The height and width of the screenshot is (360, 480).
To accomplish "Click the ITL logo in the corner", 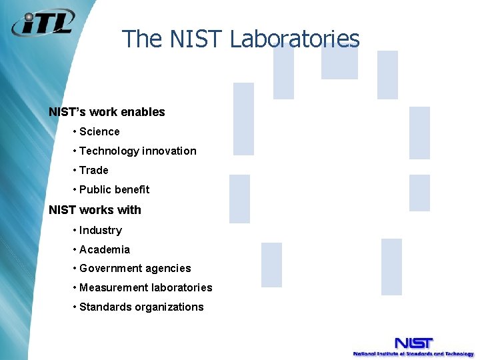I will pyautogui.click(x=43, y=25).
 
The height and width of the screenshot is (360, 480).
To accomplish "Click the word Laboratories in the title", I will pyautogui.click(x=295, y=39).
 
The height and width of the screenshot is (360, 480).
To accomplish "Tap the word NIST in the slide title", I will pyautogui.click(x=197, y=39).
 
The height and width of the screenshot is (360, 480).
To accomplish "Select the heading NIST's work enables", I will pyautogui.click(x=107, y=112).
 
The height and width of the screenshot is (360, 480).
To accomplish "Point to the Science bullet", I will pyautogui.click(x=99, y=132).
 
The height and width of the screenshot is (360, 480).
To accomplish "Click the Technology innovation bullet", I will pyautogui.click(x=137, y=151).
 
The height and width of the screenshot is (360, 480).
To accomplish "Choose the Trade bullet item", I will pyautogui.click(x=93, y=171).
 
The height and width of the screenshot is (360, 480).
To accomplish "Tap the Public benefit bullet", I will pyautogui.click(x=114, y=190).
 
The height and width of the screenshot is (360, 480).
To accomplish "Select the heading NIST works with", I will pyautogui.click(x=95, y=210).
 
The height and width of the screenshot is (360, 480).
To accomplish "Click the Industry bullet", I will pyautogui.click(x=101, y=231).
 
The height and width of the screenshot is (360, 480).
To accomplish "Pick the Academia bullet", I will pyautogui.click(x=105, y=250).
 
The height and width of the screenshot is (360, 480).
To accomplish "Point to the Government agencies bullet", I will pyautogui.click(x=135, y=269).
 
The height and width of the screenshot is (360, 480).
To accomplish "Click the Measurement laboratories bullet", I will pyautogui.click(x=145, y=288).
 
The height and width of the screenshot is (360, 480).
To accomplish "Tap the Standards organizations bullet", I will pyautogui.click(x=141, y=307).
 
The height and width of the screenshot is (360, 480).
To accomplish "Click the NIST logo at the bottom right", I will pyautogui.click(x=413, y=343).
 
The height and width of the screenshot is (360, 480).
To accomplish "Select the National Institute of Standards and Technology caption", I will pyautogui.click(x=413, y=354).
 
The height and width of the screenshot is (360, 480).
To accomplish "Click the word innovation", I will pyautogui.click(x=169, y=151).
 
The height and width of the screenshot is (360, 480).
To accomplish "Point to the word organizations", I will pyautogui.click(x=172, y=307).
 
